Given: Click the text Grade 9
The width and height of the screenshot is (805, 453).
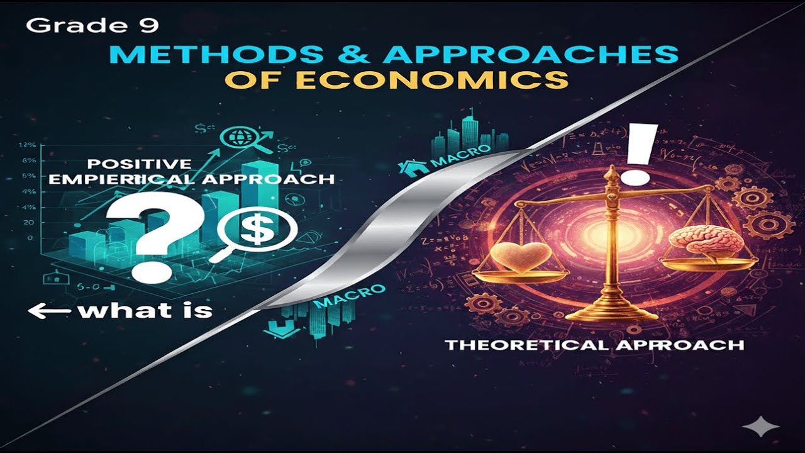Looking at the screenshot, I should click(x=92, y=26).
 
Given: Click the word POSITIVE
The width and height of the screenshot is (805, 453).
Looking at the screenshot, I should click(x=139, y=164).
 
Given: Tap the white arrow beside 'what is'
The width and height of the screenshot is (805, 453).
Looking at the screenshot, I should click(x=49, y=310).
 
